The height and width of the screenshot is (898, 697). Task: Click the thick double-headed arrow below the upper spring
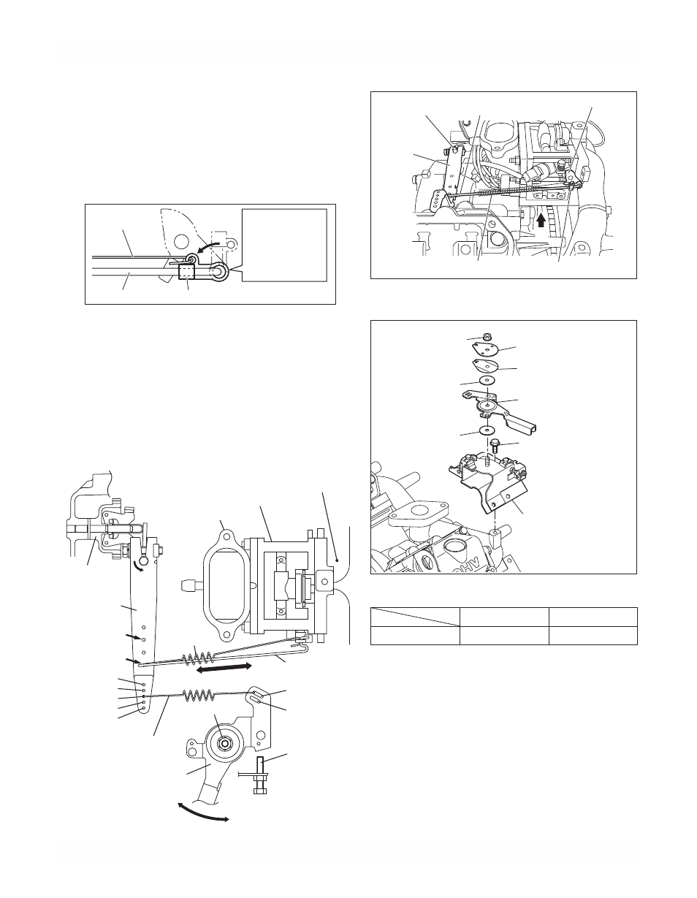pyautogui.click(x=224, y=669)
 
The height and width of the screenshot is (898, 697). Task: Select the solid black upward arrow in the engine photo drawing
pyautogui.click(x=541, y=223)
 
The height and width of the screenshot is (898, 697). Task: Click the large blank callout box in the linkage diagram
pyautogui.click(x=285, y=245)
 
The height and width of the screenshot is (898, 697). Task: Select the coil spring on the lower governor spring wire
pyautogui.click(x=199, y=696)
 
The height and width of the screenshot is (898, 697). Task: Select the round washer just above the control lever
pyautogui.click(x=487, y=380)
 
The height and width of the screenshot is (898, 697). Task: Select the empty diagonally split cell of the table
pyautogui.click(x=415, y=617)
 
